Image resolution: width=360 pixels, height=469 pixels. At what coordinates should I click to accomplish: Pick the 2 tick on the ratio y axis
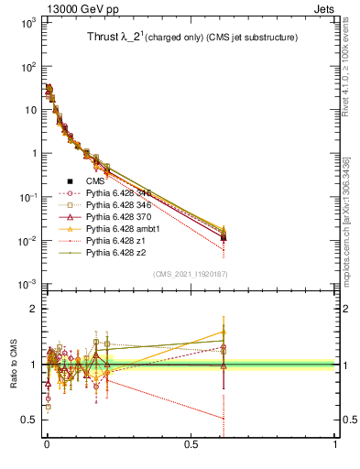coord(31,309)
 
